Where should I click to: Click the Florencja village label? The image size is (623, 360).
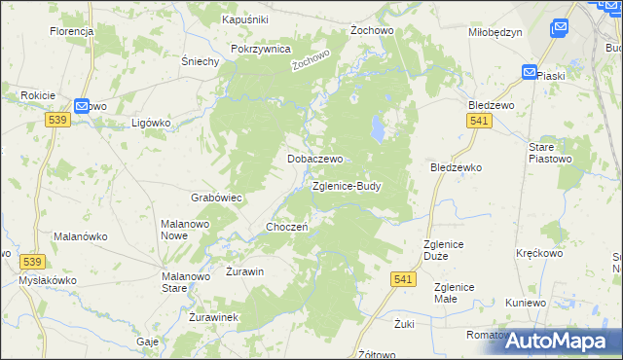pos(71,31)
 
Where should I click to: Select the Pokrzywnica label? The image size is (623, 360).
pos(261,48)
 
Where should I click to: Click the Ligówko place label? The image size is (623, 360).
pos(151,124)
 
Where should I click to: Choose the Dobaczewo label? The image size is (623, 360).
pos(313,158)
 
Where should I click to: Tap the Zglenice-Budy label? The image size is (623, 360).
pos(347,185)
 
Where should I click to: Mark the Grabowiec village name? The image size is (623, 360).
pos(216,197)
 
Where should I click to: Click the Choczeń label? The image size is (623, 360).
pos(287,227)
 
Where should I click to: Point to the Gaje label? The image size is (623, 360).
pos(148,342)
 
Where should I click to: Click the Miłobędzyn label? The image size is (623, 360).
pos(495,31)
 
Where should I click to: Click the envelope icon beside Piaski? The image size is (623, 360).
pos(529,73)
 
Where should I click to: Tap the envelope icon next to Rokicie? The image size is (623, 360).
pos(82,106)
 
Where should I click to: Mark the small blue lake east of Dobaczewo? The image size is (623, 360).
pos(375,126)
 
